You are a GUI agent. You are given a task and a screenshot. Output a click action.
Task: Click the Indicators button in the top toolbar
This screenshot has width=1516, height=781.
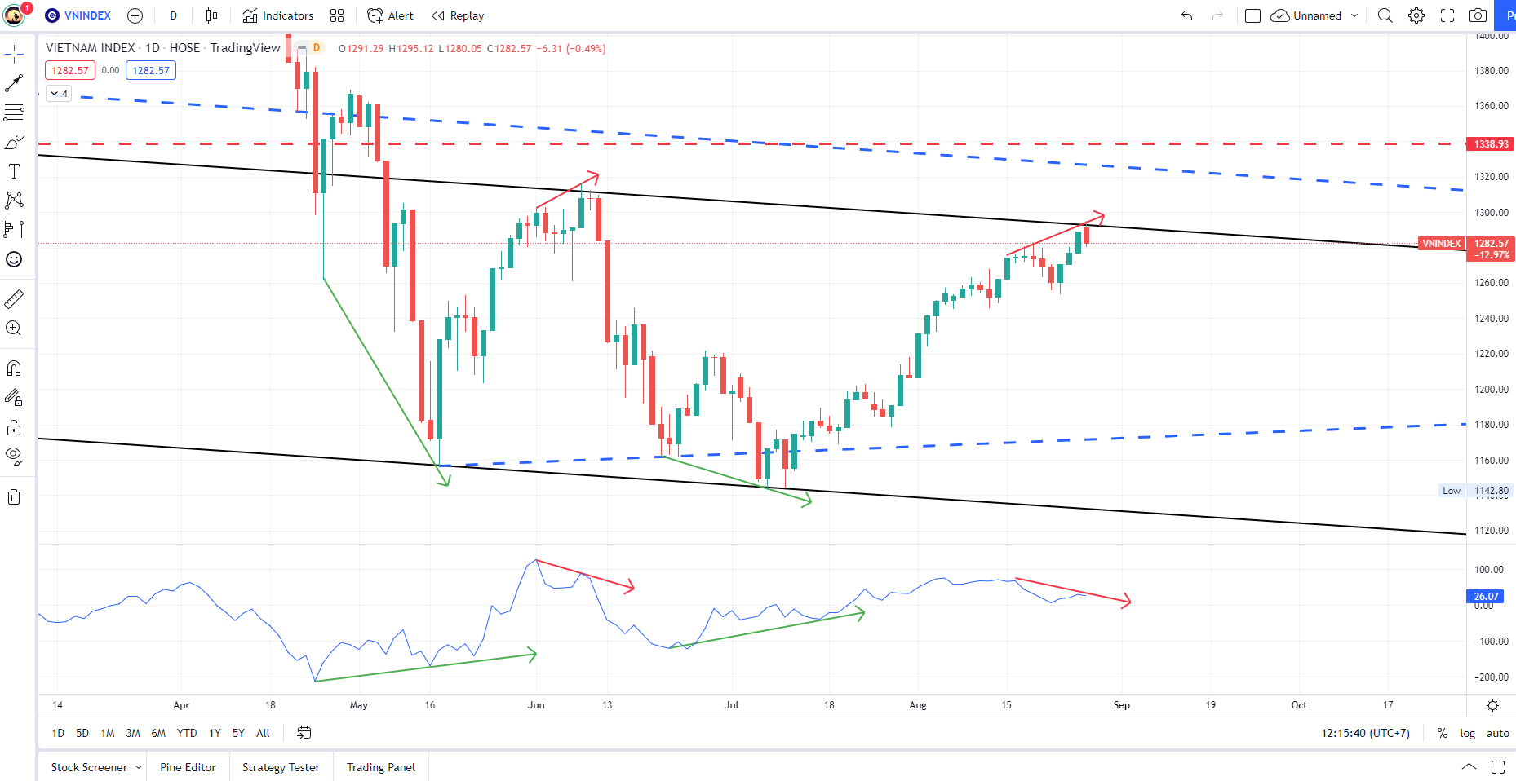click(278, 15)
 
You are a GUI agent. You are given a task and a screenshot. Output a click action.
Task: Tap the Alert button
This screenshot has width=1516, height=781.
click(391, 15)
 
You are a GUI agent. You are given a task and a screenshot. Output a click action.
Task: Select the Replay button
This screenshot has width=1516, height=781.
click(458, 15)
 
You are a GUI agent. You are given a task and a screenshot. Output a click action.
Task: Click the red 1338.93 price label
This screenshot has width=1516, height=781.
click(1491, 144)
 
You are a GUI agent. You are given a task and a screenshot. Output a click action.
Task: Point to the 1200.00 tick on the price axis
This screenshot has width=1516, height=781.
click(1491, 389)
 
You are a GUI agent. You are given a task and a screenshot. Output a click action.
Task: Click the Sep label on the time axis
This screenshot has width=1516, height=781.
click(1121, 705)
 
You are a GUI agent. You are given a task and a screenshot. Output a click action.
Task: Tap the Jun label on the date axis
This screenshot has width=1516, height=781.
click(536, 705)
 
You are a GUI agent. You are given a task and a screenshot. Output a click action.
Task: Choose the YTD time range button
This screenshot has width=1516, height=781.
click(187, 733)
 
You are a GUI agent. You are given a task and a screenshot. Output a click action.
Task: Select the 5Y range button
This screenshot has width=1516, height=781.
click(238, 733)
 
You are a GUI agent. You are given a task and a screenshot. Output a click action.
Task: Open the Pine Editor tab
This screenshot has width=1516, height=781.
click(188, 767)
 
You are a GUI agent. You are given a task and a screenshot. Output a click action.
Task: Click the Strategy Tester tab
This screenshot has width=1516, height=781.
click(281, 767)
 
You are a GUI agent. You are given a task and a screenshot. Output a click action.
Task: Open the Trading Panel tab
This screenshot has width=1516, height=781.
click(380, 767)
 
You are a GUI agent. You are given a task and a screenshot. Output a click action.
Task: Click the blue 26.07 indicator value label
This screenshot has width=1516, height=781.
click(1486, 597)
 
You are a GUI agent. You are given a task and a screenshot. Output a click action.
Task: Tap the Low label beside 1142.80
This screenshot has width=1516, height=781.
click(1451, 491)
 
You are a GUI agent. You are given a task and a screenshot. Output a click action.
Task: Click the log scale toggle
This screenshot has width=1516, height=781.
click(1467, 733)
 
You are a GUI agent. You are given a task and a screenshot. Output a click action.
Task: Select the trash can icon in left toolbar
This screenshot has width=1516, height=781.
click(14, 497)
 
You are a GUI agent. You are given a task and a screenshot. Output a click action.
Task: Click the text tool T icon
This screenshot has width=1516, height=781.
click(14, 171)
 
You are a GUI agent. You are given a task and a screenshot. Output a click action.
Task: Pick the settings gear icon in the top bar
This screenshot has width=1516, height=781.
click(1416, 15)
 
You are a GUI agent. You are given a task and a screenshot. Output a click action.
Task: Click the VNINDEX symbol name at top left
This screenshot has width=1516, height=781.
click(87, 15)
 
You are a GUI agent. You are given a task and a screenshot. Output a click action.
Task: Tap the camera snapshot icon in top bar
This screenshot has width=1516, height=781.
click(1478, 15)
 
